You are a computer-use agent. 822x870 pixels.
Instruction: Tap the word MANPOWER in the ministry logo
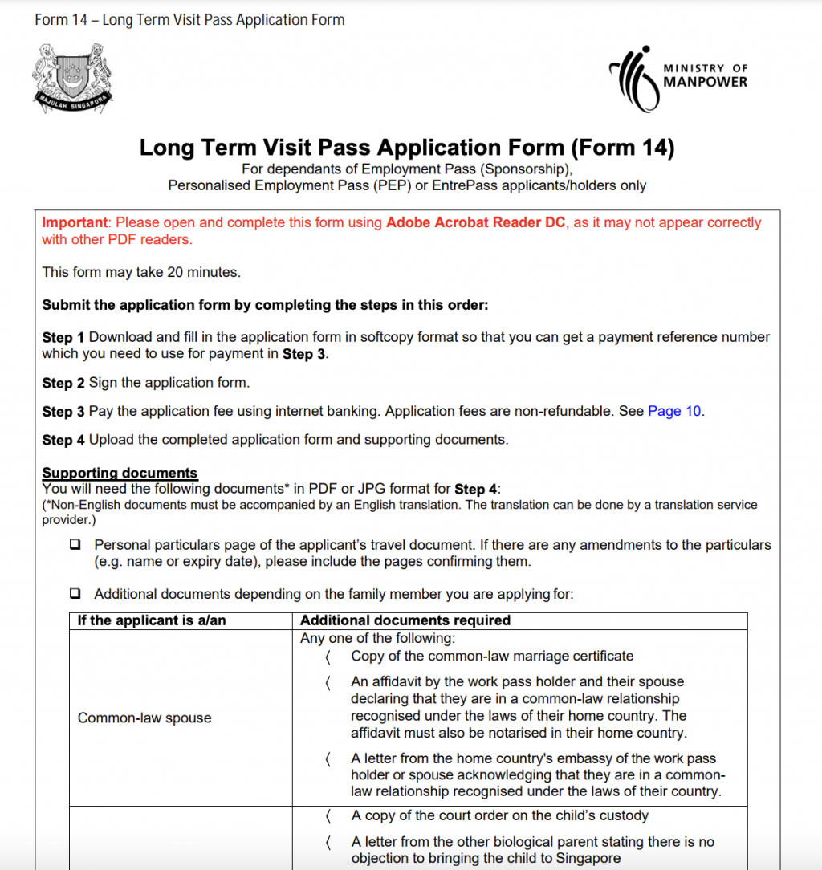(x=705, y=82)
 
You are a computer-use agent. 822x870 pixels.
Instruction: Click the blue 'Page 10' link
(x=674, y=411)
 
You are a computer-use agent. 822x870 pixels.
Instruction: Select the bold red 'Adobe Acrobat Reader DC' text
(x=476, y=222)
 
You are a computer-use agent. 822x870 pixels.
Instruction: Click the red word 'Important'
(x=74, y=222)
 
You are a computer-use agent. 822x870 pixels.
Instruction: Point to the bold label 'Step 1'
(x=63, y=337)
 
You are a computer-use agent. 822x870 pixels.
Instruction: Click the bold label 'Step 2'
(x=63, y=383)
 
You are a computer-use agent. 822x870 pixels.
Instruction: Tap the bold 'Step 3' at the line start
(x=63, y=411)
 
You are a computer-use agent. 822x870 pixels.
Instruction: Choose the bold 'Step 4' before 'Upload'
(x=63, y=440)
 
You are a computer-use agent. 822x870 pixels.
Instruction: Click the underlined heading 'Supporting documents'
(x=120, y=473)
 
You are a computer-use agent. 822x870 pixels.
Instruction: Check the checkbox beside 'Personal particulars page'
(x=75, y=544)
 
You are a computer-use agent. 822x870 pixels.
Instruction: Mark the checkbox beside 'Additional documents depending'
(x=75, y=594)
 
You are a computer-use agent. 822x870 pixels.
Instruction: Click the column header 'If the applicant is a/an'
(x=152, y=620)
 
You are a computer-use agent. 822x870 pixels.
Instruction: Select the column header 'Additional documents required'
(x=405, y=620)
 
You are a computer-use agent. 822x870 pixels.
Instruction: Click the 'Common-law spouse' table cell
(x=144, y=718)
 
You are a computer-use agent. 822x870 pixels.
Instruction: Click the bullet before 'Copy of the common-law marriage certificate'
(x=328, y=657)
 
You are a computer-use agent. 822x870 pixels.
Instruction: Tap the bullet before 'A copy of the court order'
(x=328, y=816)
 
